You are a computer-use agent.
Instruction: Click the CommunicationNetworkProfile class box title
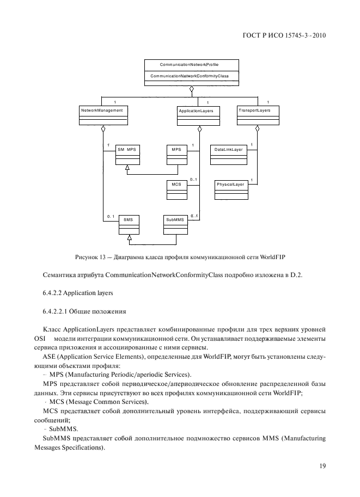coord(190,64)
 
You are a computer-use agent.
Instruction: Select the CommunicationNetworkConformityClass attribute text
coord(190,76)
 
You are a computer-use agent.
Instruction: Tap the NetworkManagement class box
coord(102,114)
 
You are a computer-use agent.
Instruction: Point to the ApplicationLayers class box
coord(199,115)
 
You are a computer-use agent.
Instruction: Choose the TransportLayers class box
coord(258,114)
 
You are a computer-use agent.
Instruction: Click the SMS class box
coord(128,223)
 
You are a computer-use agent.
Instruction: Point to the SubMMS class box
coord(175,223)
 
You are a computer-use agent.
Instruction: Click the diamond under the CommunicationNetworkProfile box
coord(191,89)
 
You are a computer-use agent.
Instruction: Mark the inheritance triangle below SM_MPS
coord(127,168)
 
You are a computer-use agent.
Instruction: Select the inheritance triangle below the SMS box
coord(129,238)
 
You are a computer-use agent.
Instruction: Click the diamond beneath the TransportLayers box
coord(258,129)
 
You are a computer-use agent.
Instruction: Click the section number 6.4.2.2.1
coord(58,312)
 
